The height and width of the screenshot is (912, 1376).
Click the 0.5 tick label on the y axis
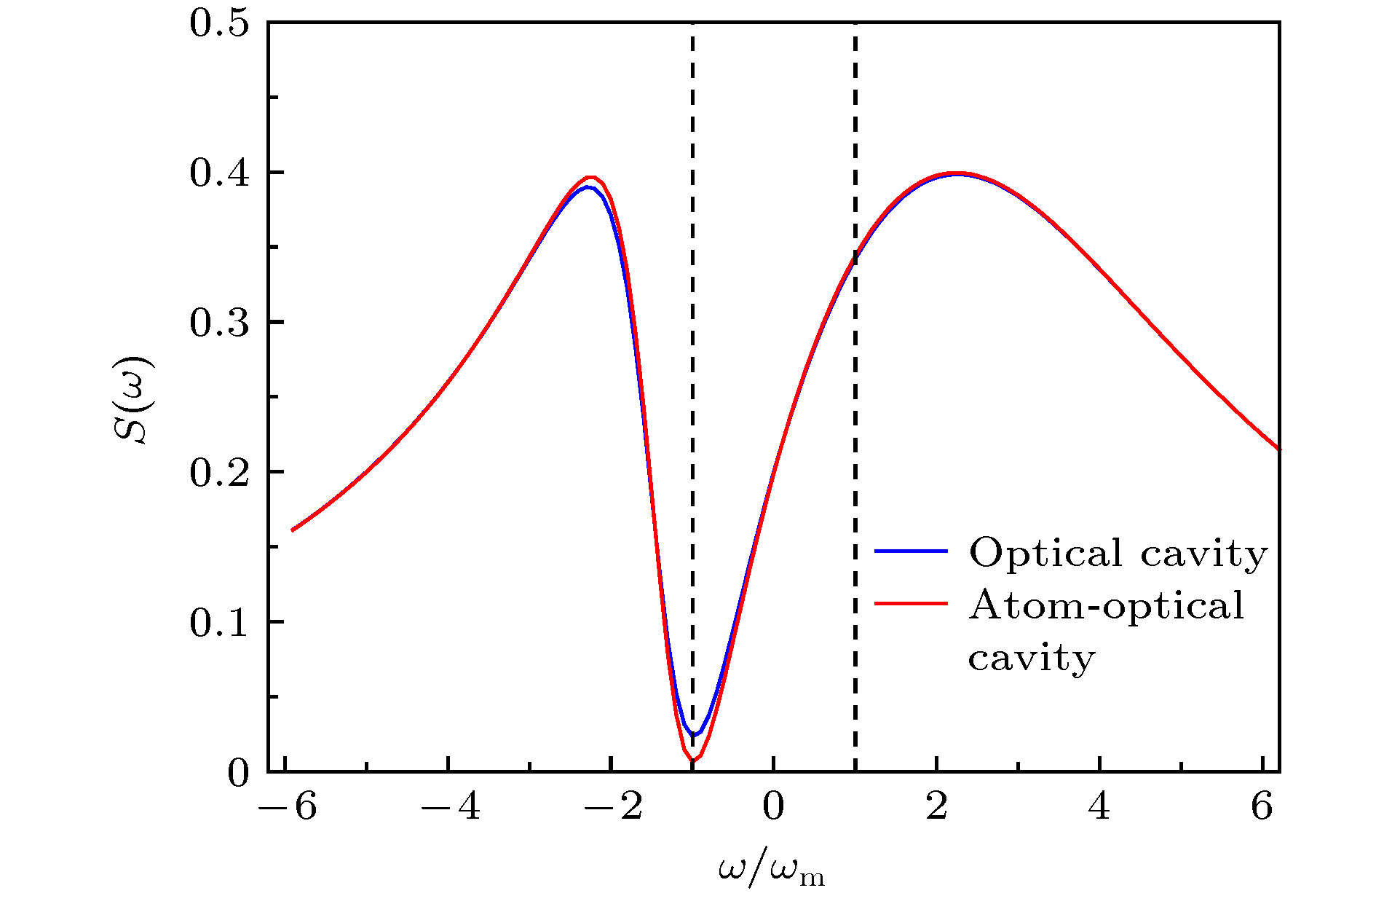tap(218, 23)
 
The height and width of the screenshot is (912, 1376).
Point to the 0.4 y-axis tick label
tap(218, 173)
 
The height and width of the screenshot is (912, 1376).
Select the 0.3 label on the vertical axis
tap(218, 323)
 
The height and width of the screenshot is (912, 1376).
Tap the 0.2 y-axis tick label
tap(218, 473)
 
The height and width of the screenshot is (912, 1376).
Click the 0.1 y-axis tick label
tap(218, 623)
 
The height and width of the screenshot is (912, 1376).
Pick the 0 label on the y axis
tap(238, 773)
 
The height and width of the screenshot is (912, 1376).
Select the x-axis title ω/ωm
tap(772, 870)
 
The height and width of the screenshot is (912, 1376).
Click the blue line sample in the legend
tap(911, 551)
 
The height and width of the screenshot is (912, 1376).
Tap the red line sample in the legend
tap(911, 604)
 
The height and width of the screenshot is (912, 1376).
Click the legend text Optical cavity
tap(1118, 553)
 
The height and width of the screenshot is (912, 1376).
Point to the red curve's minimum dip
tap(692, 760)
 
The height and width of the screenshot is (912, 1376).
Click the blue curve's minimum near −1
tap(694, 735)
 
